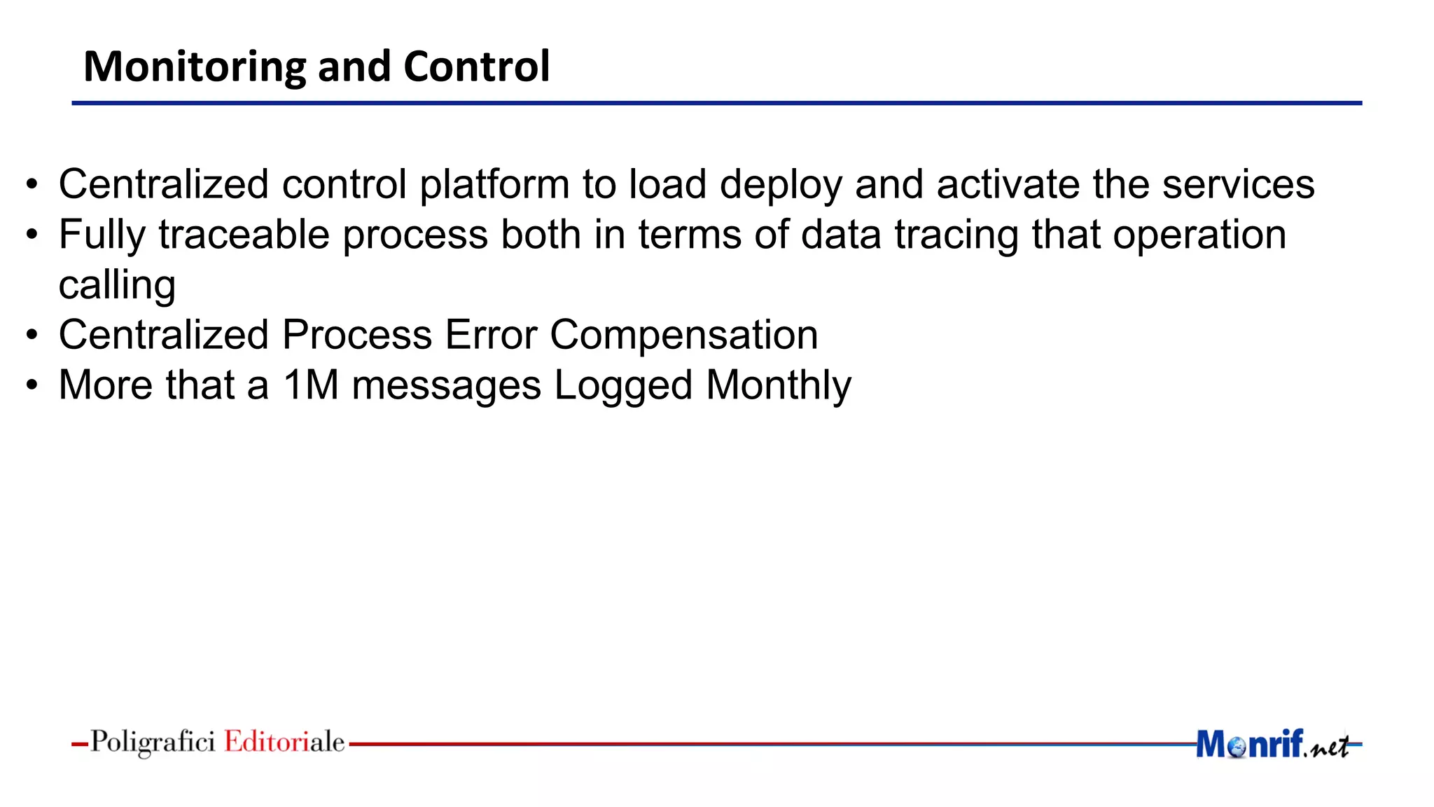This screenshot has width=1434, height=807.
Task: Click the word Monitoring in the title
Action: [194, 67]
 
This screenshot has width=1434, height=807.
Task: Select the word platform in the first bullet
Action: [494, 184]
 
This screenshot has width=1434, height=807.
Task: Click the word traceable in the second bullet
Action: [244, 235]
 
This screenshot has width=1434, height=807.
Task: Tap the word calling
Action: [117, 286]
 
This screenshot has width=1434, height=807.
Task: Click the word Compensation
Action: [683, 336]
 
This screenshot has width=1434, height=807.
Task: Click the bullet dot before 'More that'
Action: [32, 385]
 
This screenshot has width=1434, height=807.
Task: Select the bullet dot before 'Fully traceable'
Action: [32, 235]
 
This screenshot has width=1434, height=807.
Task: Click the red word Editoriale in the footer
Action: [284, 742]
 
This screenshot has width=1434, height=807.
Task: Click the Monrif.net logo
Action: [1272, 744]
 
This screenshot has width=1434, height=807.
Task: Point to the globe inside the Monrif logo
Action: [1237, 747]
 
